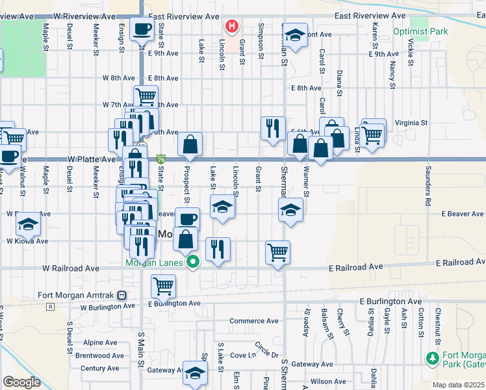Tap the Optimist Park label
(420, 31)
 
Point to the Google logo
(21, 382)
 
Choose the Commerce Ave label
(254, 321)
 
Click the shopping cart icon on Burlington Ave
(163, 285)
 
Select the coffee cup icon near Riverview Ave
(142, 29)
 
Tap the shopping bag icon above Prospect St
(190, 144)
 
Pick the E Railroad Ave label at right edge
(460, 261)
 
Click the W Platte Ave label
(92, 159)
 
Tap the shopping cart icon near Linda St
(372, 134)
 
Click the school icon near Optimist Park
(296, 36)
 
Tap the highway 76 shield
(160, 159)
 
